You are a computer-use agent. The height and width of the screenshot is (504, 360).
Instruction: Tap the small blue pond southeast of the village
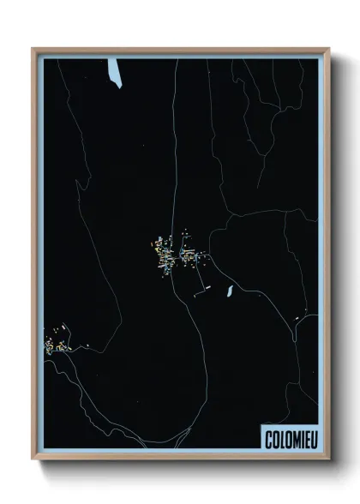[x=230, y=291]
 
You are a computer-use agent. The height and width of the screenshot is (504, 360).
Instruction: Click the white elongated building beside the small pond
[x=202, y=295]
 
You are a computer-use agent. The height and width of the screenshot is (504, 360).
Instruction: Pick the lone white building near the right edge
[x=297, y=320]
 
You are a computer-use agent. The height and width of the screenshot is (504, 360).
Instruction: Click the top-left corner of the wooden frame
[x=33, y=49]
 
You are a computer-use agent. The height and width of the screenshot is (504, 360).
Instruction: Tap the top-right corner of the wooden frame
[x=328, y=49]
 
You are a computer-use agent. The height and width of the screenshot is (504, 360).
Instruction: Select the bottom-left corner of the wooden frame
[x=33, y=459]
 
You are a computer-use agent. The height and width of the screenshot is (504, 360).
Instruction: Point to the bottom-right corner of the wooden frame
[x=328, y=459]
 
